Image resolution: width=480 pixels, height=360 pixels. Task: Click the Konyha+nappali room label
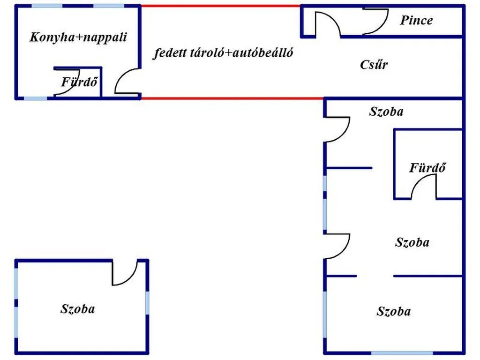tap(78, 37)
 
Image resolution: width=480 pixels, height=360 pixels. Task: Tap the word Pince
tap(416, 20)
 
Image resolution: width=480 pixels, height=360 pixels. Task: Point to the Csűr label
tap(374, 64)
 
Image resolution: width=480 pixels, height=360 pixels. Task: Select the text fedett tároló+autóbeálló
tap(223, 52)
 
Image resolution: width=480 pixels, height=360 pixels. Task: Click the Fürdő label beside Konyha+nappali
tap(79, 82)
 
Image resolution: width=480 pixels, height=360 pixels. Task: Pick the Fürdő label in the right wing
tap(427, 167)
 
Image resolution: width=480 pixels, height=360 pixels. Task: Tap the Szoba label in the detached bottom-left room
tap(78, 308)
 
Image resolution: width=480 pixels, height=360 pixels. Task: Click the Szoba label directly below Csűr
tap(386, 112)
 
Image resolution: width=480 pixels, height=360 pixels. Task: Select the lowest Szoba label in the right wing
tap(394, 311)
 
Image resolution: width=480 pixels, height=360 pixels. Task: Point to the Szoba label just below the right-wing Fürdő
tap(412, 242)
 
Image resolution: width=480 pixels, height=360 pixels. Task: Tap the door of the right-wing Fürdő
tap(424, 187)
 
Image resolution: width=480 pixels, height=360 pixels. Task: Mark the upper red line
tap(221, 6)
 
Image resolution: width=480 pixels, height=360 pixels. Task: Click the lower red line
tap(232, 98)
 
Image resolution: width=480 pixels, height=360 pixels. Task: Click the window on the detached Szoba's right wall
tap(147, 303)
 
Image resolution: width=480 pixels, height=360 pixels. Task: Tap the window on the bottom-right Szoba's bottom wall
tap(402, 353)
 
